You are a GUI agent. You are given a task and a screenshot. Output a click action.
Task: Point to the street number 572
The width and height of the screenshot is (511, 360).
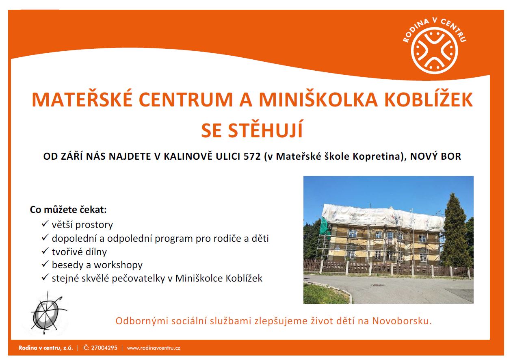click(x=252, y=156)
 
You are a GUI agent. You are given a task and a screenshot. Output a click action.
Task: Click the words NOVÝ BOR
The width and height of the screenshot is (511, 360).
click(x=435, y=156)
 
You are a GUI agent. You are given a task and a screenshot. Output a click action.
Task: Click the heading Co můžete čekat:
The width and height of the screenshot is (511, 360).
click(x=68, y=210)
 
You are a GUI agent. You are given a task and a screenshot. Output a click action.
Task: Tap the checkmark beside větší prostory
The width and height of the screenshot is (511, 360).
click(x=45, y=223)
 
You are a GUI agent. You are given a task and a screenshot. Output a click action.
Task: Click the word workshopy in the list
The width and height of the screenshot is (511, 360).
click(x=118, y=265)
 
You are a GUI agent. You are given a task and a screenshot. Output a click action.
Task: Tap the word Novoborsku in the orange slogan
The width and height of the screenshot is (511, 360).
click(x=402, y=321)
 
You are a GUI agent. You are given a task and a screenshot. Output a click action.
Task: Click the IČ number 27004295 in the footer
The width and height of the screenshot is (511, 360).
click(x=104, y=348)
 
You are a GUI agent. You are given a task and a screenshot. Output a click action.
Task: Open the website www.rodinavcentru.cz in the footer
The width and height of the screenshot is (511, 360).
click(x=154, y=348)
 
